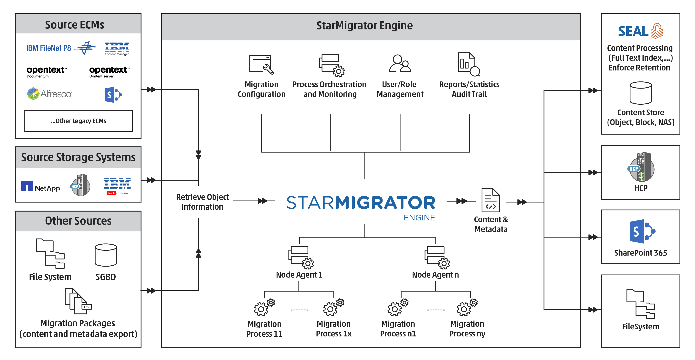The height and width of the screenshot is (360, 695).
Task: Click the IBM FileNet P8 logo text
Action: [48, 48]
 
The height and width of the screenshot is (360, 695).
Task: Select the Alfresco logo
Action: [50, 94]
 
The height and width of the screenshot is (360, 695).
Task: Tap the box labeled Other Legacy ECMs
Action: [78, 121]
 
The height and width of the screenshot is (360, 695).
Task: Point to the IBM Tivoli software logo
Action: [117, 186]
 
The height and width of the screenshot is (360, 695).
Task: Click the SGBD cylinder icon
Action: [106, 255]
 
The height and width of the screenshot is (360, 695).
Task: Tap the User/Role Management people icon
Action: [400, 64]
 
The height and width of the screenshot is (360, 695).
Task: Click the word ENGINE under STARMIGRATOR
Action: [419, 218]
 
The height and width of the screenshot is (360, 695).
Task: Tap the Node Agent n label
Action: [435, 275]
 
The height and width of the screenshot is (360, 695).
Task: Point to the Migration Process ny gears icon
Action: [467, 307]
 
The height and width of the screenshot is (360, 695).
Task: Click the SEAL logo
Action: [640, 31]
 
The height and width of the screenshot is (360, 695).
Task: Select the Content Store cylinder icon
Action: [640, 93]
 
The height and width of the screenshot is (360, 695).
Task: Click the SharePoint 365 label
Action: [640, 253]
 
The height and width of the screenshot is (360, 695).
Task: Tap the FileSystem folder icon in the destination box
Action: [640, 304]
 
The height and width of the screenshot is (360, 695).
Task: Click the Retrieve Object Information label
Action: [202, 202]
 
